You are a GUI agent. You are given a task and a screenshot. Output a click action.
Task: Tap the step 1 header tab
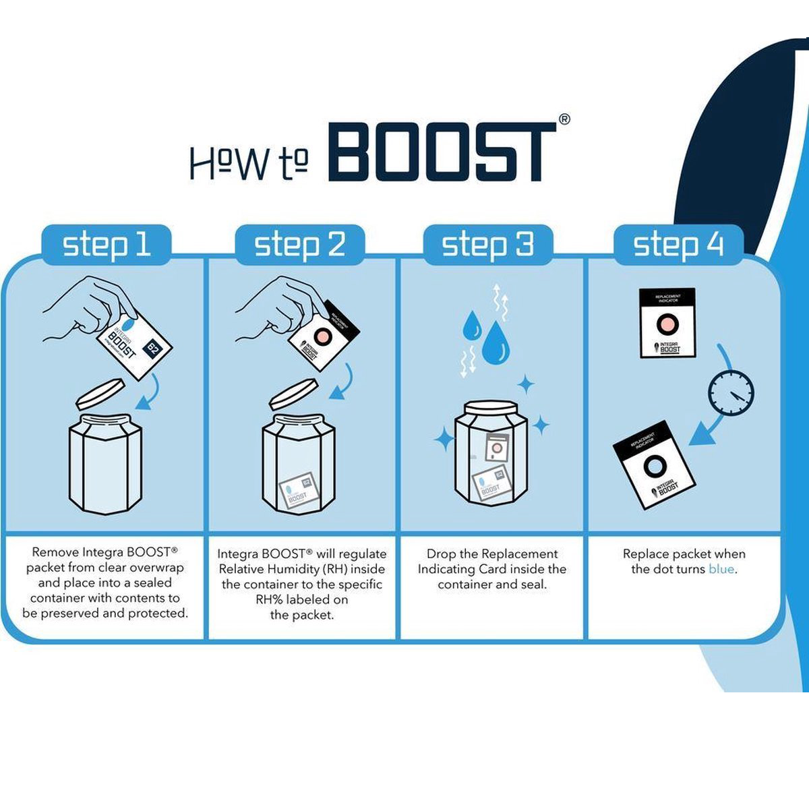pyautogui.click(x=107, y=245)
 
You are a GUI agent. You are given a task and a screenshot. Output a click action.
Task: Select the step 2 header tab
pyautogui.click(x=299, y=245)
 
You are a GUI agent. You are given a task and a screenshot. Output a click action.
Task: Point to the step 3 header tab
pyautogui.click(x=487, y=245)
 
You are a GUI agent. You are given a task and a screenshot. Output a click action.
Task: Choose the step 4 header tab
pyautogui.click(x=678, y=245)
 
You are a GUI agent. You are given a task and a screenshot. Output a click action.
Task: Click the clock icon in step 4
pyautogui.click(x=731, y=392)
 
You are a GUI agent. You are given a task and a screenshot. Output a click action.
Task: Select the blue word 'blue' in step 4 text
pyautogui.click(x=721, y=569)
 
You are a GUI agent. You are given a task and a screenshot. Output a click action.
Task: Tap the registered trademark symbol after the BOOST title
pyautogui.click(x=564, y=119)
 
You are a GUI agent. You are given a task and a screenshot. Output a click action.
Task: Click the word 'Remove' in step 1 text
pyautogui.click(x=55, y=552)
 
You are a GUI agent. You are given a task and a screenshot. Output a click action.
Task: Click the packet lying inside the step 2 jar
pyautogui.click(x=298, y=489)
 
